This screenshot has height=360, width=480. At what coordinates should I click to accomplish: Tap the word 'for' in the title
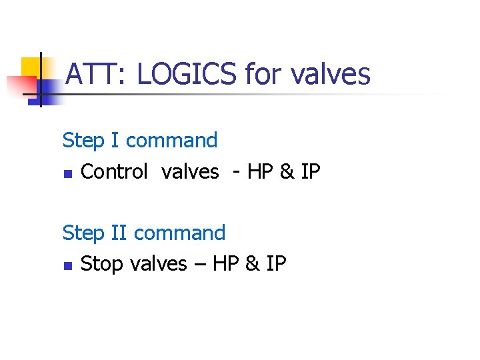(x=263, y=73)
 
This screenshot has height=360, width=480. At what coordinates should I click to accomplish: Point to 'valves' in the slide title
(x=330, y=73)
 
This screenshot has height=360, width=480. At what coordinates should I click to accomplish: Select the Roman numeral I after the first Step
(x=115, y=141)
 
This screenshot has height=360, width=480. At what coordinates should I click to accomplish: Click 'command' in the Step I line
(x=171, y=141)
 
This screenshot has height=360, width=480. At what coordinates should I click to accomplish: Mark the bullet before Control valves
(x=67, y=173)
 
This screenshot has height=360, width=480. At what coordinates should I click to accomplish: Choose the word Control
(x=113, y=172)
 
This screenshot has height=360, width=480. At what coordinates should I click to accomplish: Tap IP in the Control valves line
(x=310, y=172)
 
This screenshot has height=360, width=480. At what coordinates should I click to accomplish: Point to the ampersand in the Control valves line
(x=287, y=172)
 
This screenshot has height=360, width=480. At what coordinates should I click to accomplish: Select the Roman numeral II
(x=119, y=233)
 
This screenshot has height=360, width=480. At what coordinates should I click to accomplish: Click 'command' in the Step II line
(x=179, y=233)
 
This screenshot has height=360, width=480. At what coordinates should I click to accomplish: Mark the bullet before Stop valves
(x=67, y=265)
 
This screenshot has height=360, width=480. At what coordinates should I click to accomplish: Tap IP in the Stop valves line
(x=276, y=265)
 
